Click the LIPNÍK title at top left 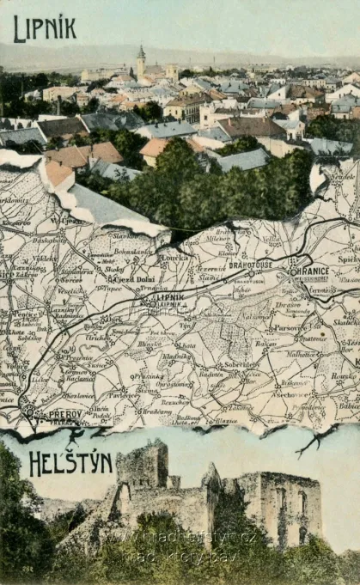tap(45, 28)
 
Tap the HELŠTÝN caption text tap(70, 463)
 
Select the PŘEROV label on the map tap(64, 413)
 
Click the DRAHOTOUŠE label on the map tap(250, 265)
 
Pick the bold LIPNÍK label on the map tap(171, 296)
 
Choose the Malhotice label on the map tap(302, 353)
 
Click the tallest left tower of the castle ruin tap(142, 464)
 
